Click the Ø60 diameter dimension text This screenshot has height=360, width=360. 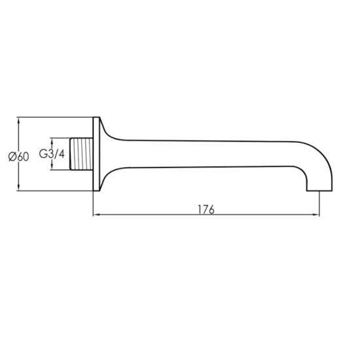[x=18, y=155]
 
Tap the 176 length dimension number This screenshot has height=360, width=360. [x=207, y=209]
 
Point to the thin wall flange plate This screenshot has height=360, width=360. [x=97, y=155]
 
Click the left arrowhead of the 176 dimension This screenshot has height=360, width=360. [x=97, y=214]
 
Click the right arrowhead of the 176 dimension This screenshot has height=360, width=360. [x=317, y=214]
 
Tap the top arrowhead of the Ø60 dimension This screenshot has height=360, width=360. [x=19, y=120]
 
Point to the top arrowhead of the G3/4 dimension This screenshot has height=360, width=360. [x=52, y=140]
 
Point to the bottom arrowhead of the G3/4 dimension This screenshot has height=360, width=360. [x=52, y=170]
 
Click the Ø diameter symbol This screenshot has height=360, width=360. [x=12, y=155]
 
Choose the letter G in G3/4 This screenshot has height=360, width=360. [x=43, y=155]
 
